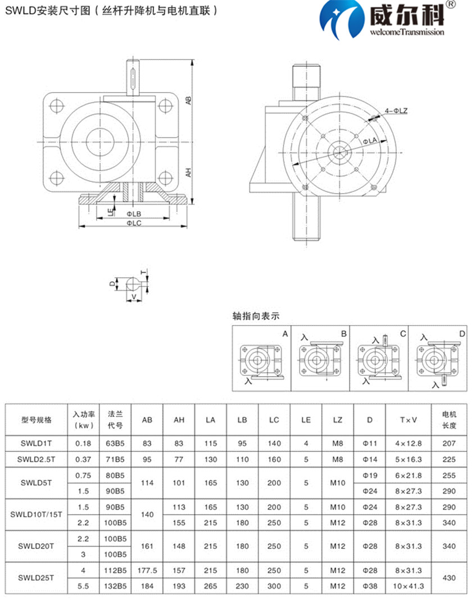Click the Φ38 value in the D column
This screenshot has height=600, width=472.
[x=369, y=586]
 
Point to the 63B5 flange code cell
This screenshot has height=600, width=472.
[x=115, y=443]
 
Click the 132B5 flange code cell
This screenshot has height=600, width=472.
[x=115, y=586]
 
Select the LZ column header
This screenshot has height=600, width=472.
[x=337, y=419]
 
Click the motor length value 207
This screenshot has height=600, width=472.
[x=449, y=443]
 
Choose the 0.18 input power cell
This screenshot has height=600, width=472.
[x=83, y=443]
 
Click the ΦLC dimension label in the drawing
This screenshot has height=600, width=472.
[x=133, y=223]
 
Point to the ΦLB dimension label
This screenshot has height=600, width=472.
[x=133, y=214]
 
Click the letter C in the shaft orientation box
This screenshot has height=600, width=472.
[x=403, y=334]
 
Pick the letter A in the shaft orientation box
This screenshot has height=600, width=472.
[x=285, y=334]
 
